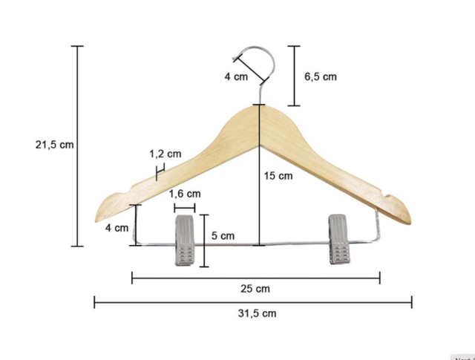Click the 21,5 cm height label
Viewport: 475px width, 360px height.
click(x=54, y=145)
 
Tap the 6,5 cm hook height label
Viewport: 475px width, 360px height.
click(x=321, y=76)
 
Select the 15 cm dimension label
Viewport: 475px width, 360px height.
click(x=278, y=176)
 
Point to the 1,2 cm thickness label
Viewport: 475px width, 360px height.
click(x=166, y=154)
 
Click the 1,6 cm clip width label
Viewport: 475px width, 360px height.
click(x=185, y=194)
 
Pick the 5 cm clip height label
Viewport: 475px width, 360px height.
click(x=223, y=235)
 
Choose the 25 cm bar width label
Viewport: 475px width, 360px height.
click(x=255, y=289)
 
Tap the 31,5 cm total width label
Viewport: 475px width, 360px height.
click(x=258, y=313)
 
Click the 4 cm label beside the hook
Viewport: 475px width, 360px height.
click(x=236, y=76)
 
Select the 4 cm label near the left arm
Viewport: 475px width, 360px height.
click(x=117, y=228)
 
